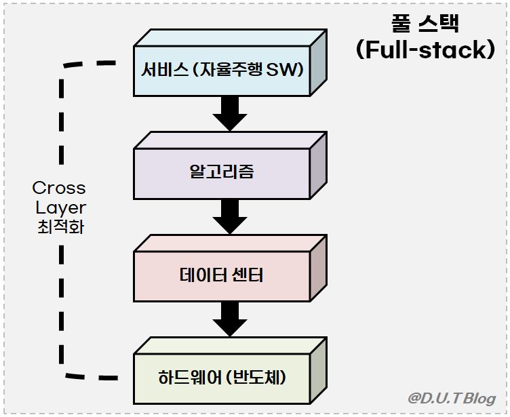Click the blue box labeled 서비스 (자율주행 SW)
click(222, 71)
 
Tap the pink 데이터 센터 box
click(222, 275)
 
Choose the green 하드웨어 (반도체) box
click(222, 377)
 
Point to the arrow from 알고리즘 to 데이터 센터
click(229, 216)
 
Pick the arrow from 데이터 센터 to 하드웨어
click(229, 318)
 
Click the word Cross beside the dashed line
click(59, 187)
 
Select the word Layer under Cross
click(60, 207)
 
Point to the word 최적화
click(60, 226)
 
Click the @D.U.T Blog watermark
click(452, 398)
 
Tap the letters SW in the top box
click(290, 71)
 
